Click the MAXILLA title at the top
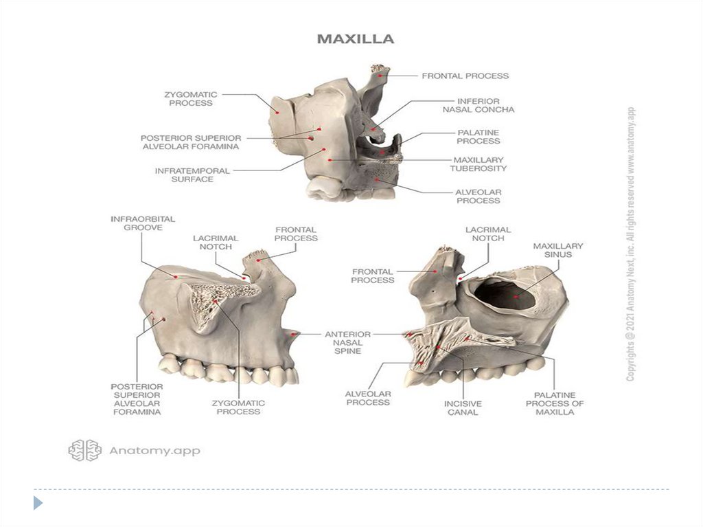(x=356, y=39)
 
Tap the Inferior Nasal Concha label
(x=479, y=106)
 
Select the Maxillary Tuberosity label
(x=479, y=164)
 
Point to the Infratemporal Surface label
(x=192, y=175)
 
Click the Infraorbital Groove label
(x=143, y=223)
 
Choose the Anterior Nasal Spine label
(x=348, y=342)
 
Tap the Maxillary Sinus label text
(x=558, y=250)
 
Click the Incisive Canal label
(x=463, y=407)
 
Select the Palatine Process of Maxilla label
(x=555, y=403)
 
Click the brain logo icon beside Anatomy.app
(x=84, y=450)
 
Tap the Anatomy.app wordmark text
(x=154, y=451)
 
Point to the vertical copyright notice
(x=631, y=244)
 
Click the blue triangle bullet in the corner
(x=38, y=503)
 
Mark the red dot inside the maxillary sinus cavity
(x=516, y=296)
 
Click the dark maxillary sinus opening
(x=505, y=294)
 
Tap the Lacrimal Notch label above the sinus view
(x=488, y=234)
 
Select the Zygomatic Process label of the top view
(x=191, y=99)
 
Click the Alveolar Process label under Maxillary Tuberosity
(x=479, y=197)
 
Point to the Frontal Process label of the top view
(x=465, y=76)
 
